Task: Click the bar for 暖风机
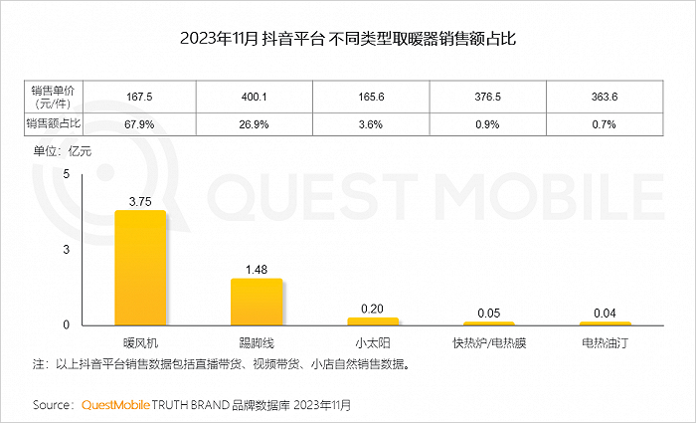[140, 268]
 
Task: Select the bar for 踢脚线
[257, 303]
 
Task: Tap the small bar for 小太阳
[373, 321]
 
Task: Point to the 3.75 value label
[140, 202]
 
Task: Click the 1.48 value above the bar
[257, 270]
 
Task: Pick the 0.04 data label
[605, 314]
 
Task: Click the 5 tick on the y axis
[67, 174]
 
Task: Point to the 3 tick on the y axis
[67, 250]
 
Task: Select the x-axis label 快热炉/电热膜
[489, 343]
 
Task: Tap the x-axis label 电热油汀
[605, 343]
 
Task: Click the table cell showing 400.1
[255, 97]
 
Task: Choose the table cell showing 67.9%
[139, 124]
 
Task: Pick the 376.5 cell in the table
[488, 97]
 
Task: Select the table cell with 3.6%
[371, 124]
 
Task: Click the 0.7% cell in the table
[605, 124]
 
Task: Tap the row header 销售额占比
[54, 124]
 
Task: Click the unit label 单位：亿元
[62, 151]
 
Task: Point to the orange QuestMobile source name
[115, 405]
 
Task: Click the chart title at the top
[348, 39]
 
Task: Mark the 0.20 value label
[372, 309]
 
